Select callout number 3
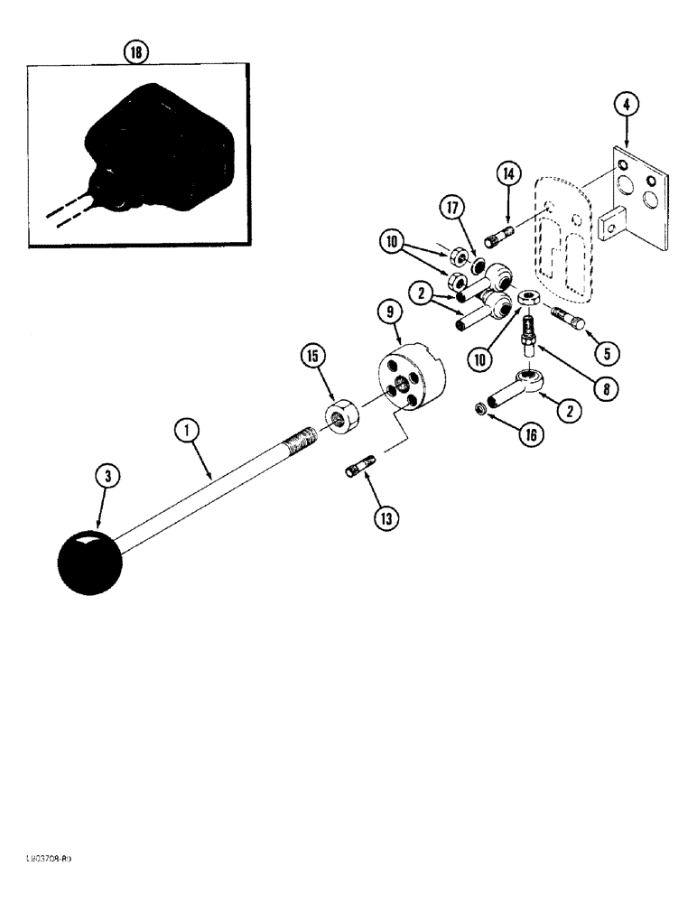coord(109,476)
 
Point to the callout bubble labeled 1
coord(187,433)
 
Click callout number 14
coord(507,174)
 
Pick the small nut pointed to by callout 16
coord(483,412)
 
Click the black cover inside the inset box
coord(158,154)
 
